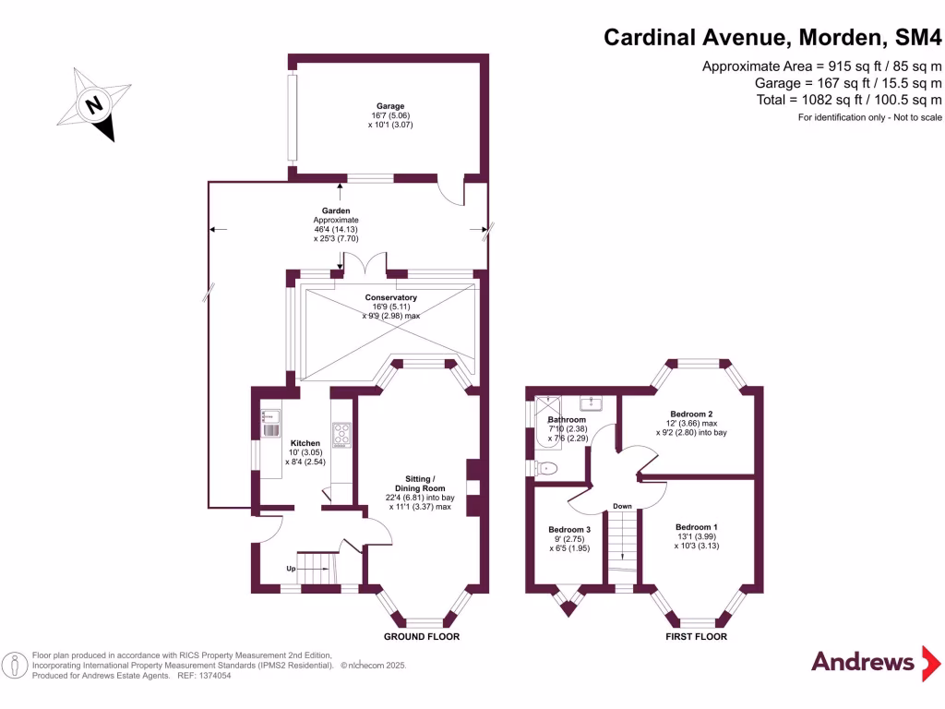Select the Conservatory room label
point(390,297)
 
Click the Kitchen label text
point(305,443)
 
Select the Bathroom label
point(567,420)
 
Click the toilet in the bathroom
point(548,469)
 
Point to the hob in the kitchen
point(341,434)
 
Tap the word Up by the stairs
point(291,569)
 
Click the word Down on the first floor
point(622,506)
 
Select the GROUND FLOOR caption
point(422,637)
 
